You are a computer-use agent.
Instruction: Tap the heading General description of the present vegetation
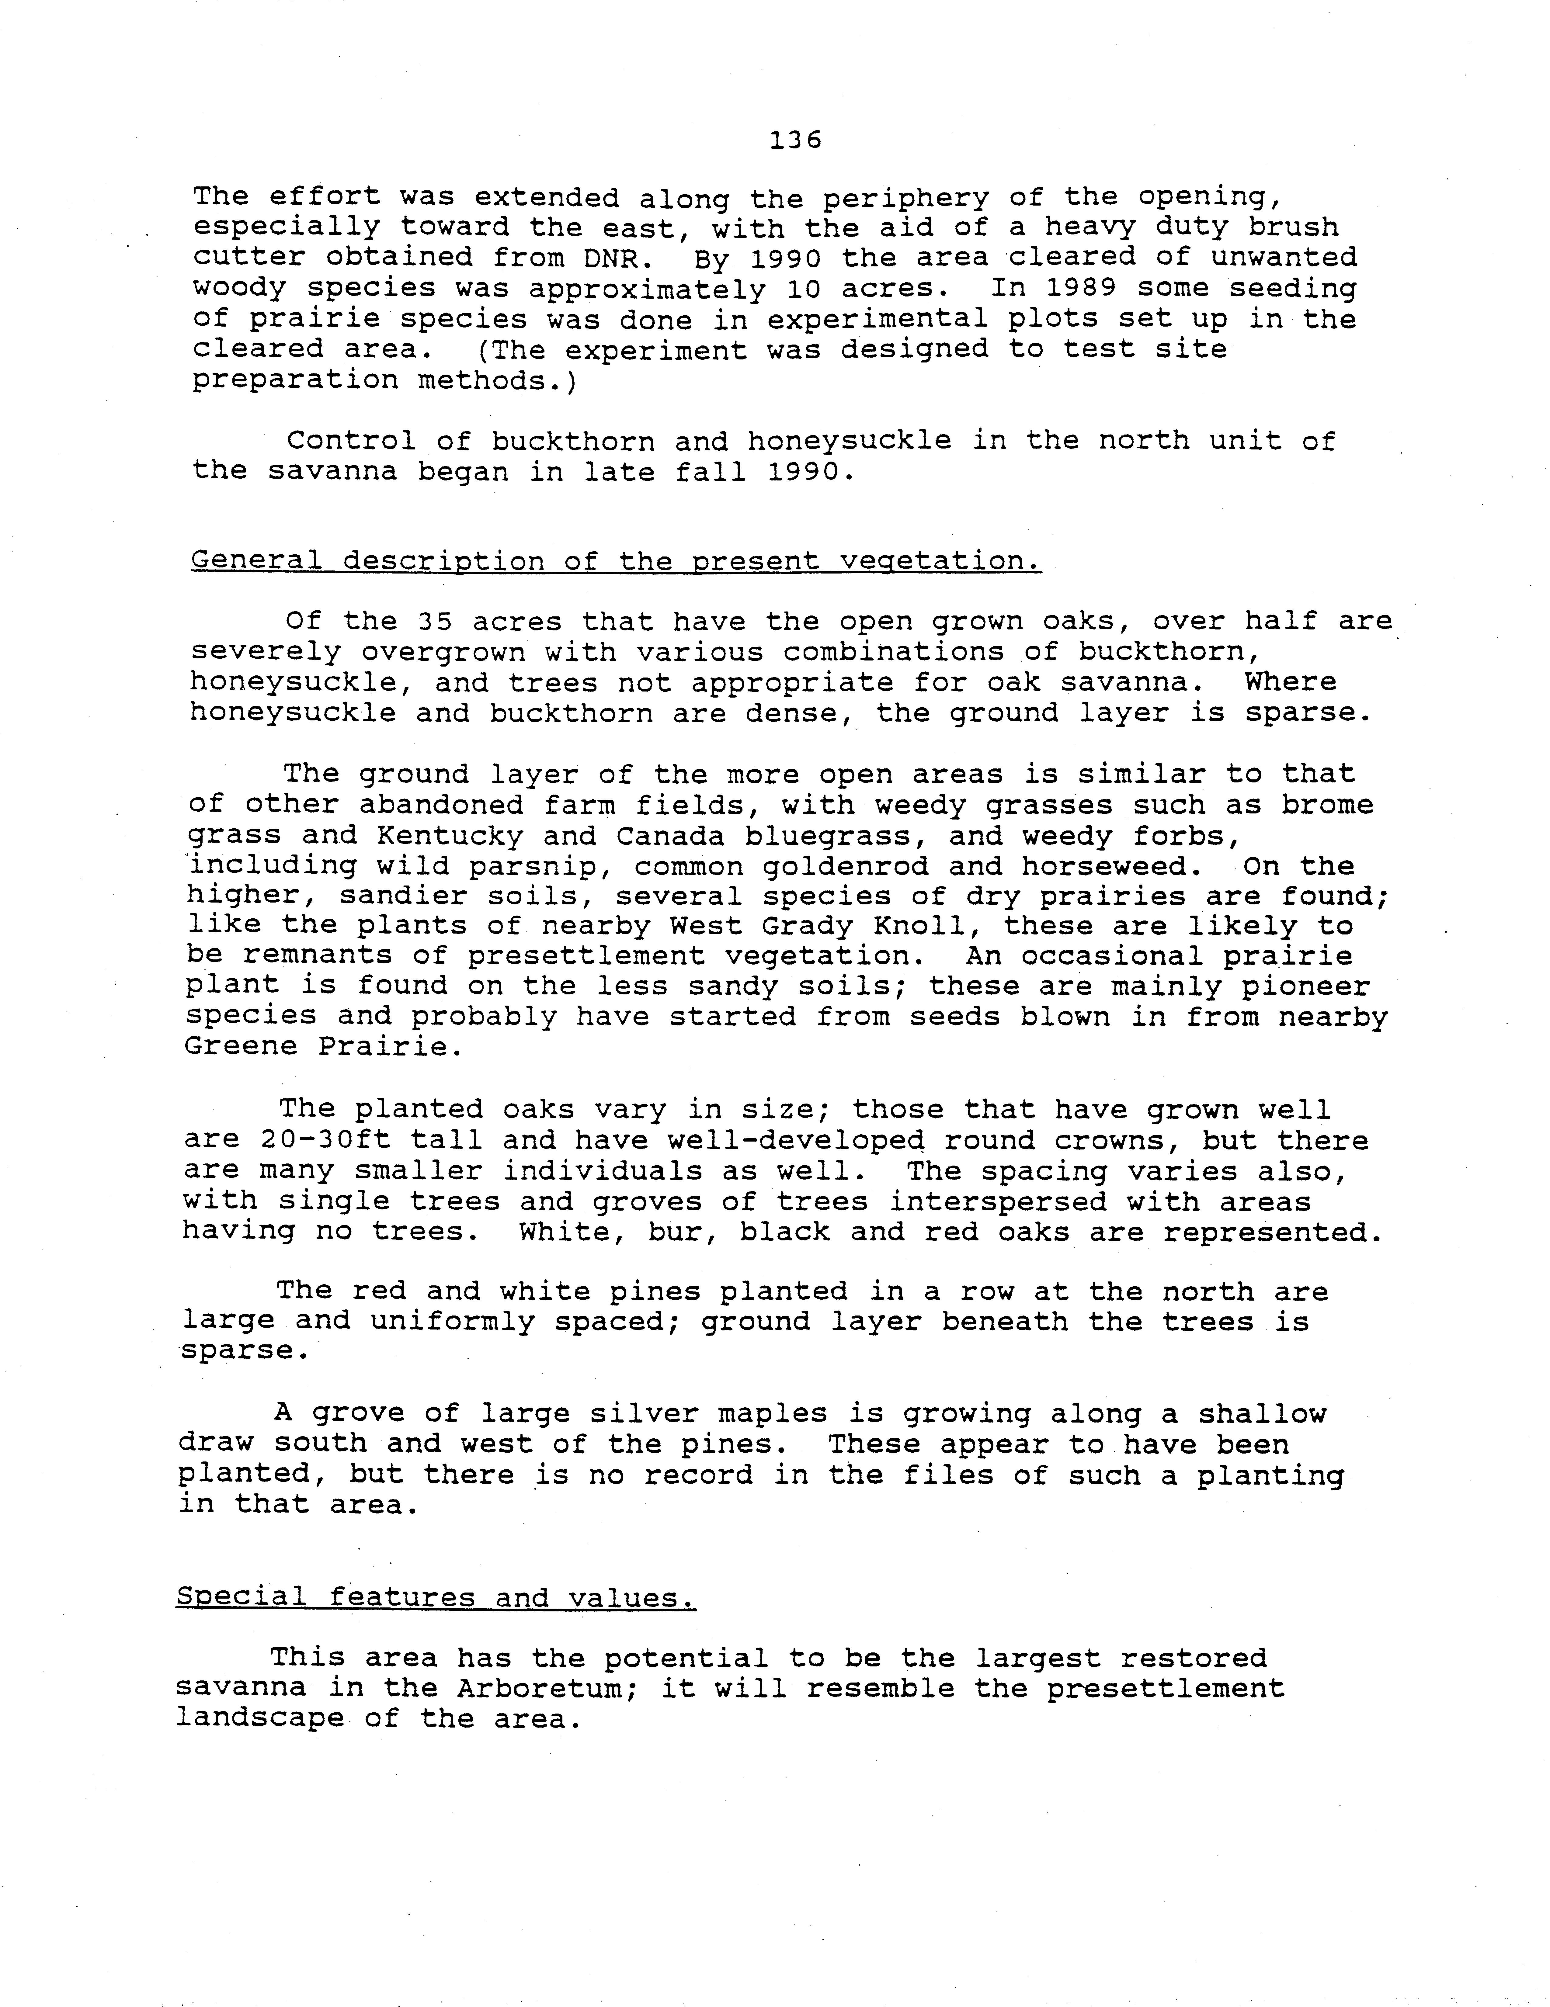tap(616, 560)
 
